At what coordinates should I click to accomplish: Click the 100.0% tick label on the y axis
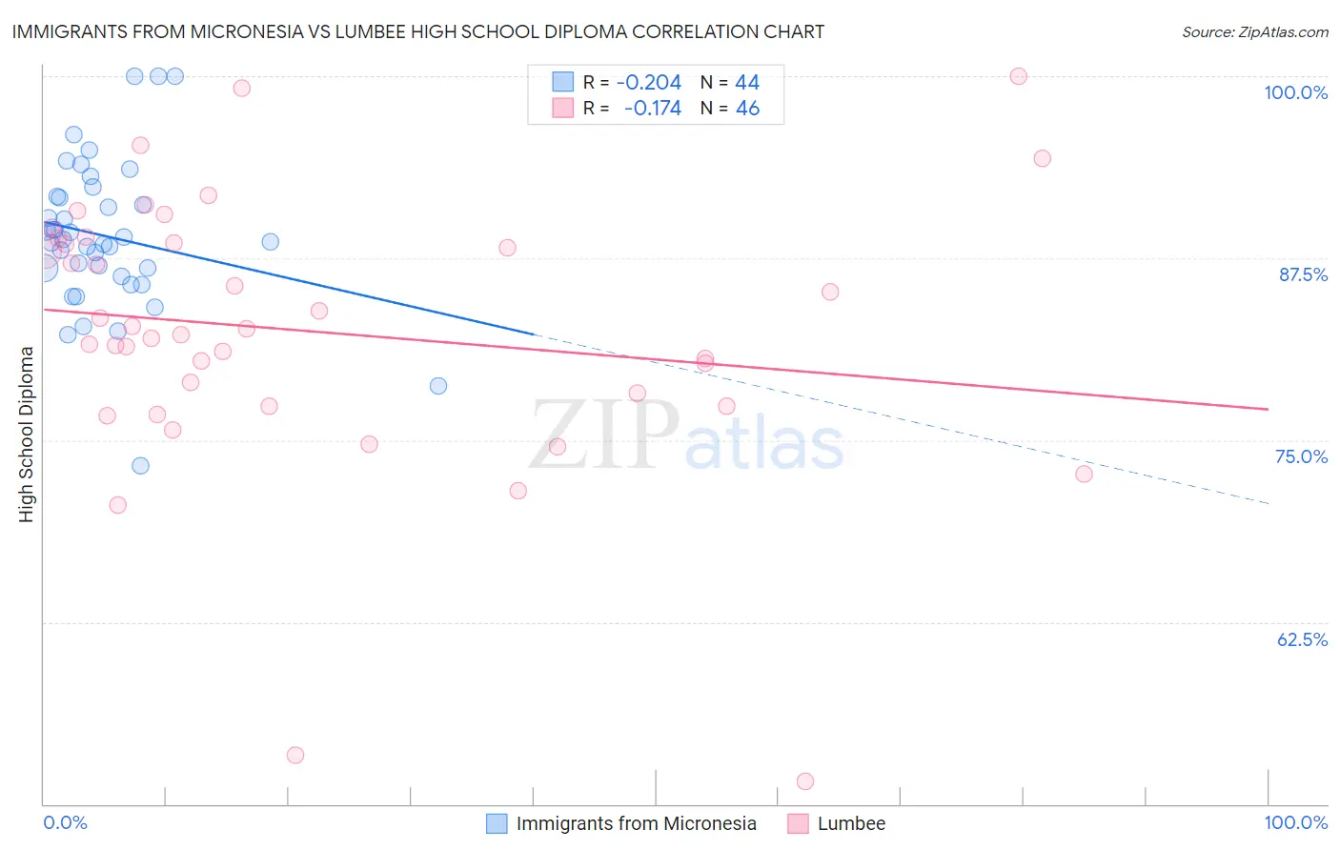point(1295,92)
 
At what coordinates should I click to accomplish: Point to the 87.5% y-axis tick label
point(1303,274)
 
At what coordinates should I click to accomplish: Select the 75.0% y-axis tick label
point(1301,456)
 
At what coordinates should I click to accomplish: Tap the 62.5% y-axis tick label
point(1302,639)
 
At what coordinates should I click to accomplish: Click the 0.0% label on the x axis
point(65,822)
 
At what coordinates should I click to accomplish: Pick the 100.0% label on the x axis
point(1295,822)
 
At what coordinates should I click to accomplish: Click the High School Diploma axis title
point(27,434)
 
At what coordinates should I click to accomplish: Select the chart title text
point(418,31)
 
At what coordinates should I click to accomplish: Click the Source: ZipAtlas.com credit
point(1254,31)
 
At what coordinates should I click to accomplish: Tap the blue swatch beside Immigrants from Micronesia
point(497,823)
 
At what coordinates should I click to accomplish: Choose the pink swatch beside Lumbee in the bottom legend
point(798,823)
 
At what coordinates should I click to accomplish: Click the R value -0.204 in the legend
point(648,83)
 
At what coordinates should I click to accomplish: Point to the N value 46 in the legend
point(747,109)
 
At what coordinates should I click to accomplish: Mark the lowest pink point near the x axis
point(805,781)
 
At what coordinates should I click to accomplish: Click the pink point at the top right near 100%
point(1018,76)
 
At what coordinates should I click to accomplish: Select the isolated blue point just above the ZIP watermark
point(438,386)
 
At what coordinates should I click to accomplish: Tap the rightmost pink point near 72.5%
point(1084,474)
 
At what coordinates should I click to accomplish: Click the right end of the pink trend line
point(1268,409)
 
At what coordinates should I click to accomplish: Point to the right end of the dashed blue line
point(1268,502)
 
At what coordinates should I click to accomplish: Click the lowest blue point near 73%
point(140,466)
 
